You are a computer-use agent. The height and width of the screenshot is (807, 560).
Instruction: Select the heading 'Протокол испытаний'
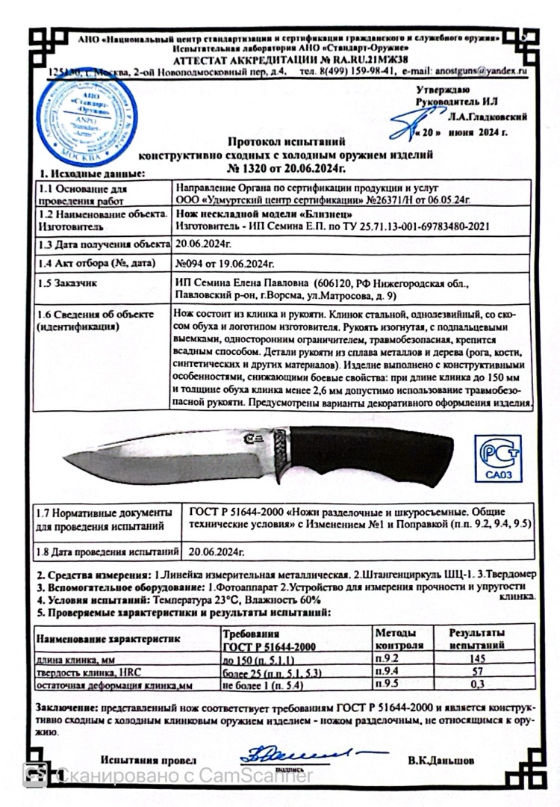click(x=287, y=141)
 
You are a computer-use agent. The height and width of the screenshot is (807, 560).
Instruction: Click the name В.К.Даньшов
click(x=441, y=760)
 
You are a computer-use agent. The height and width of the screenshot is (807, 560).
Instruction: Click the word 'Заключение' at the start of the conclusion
click(x=63, y=707)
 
